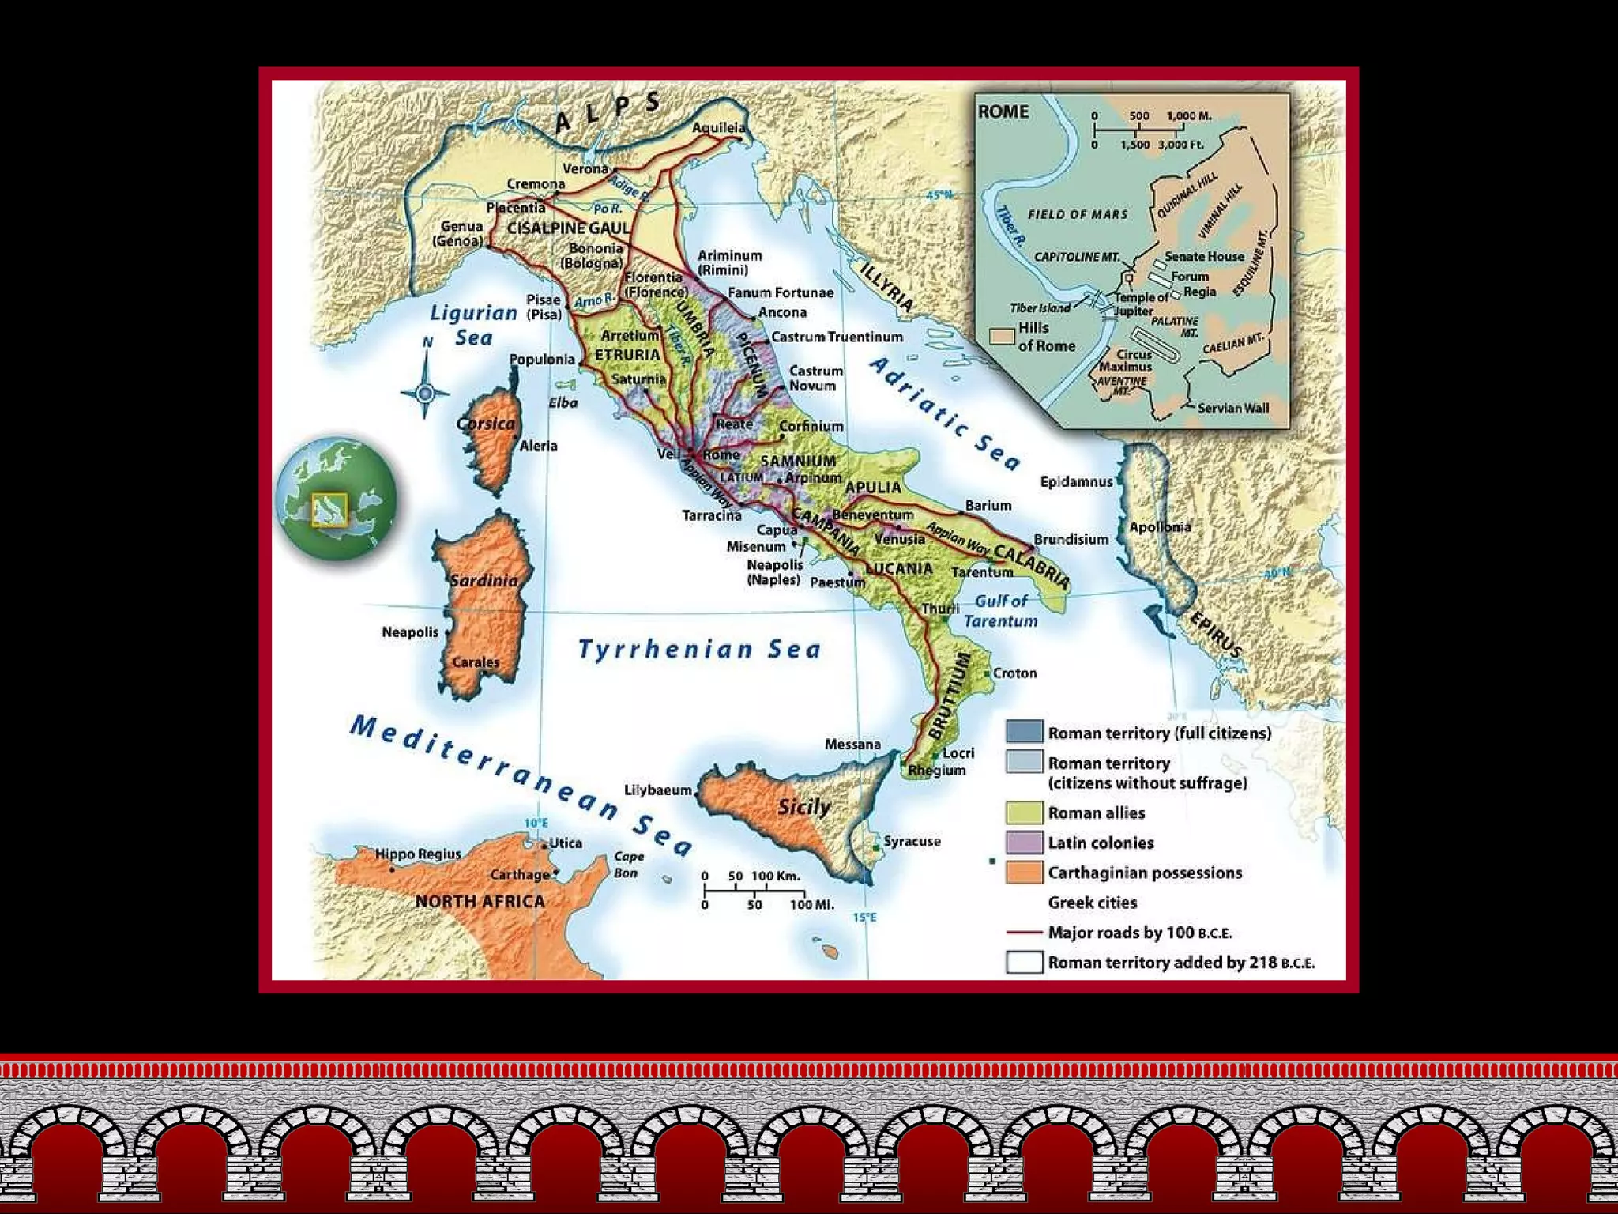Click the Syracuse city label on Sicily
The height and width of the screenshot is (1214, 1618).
[x=912, y=841]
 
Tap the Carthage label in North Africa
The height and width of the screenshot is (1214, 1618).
[x=519, y=874]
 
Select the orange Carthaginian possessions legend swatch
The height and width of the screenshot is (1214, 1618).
[x=1024, y=873]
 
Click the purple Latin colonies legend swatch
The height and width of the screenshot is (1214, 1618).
[x=1024, y=843]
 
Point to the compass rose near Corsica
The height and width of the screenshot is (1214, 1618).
[x=425, y=391]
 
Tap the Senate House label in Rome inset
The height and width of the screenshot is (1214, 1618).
[x=1203, y=256]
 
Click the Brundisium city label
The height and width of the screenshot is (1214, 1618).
[x=1071, y=539]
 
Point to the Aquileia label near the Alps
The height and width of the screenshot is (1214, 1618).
[x=718, y=127]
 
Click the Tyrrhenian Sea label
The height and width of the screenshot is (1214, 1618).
[x=700, y=650]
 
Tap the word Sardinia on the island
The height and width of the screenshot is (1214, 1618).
[x=484, y=580]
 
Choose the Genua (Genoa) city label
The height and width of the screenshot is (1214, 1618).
[x=461, y=233]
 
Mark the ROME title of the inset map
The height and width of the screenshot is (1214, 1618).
[x=1003, y=111]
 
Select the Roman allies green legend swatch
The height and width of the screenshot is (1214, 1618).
[x=1024, y=812]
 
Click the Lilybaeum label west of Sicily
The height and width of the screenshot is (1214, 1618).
[x=657, y=790]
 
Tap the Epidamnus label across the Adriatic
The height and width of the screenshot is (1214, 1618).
[x=1076, y=481]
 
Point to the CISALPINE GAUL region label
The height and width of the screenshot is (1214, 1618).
[x=568, y=228]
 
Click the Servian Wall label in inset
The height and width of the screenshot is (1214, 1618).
[x=1232, y=408]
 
